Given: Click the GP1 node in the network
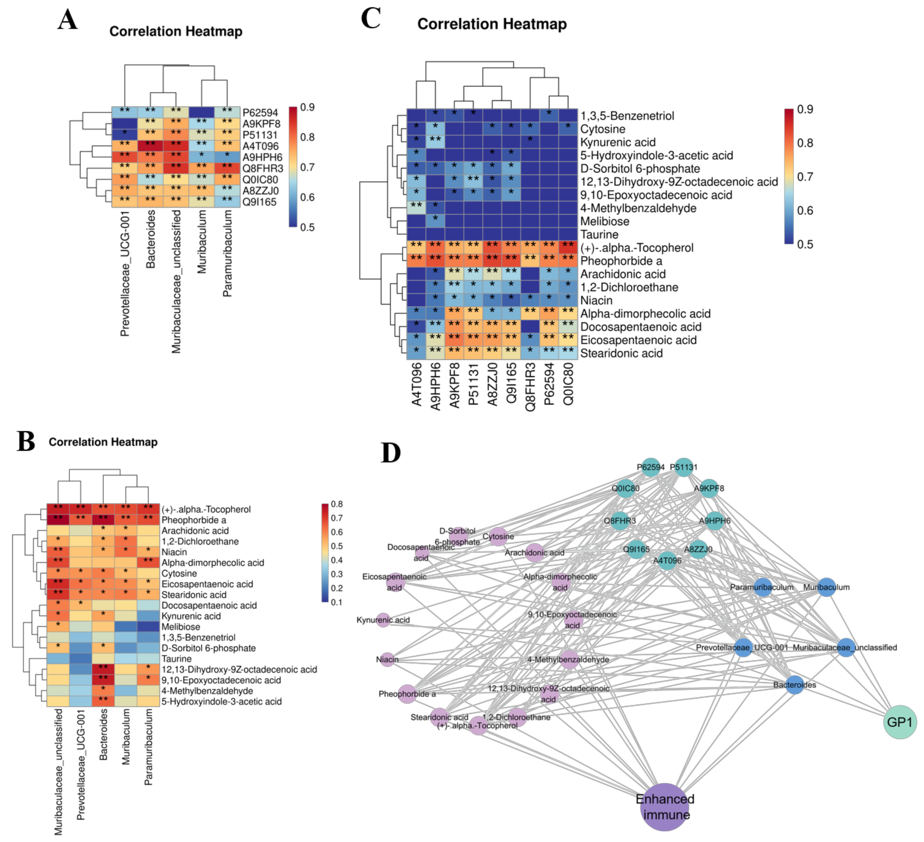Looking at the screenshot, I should point(900,722).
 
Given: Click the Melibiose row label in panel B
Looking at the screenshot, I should point(181,627).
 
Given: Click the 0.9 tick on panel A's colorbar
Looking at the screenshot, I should point(307,107).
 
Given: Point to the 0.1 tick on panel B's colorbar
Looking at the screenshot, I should point(336,602).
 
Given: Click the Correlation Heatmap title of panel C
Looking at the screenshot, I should point(492,24).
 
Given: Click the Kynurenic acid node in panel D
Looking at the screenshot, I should point(383,620).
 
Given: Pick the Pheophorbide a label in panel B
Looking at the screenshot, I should point(193,520).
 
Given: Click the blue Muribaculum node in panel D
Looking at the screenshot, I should point(826,587).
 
